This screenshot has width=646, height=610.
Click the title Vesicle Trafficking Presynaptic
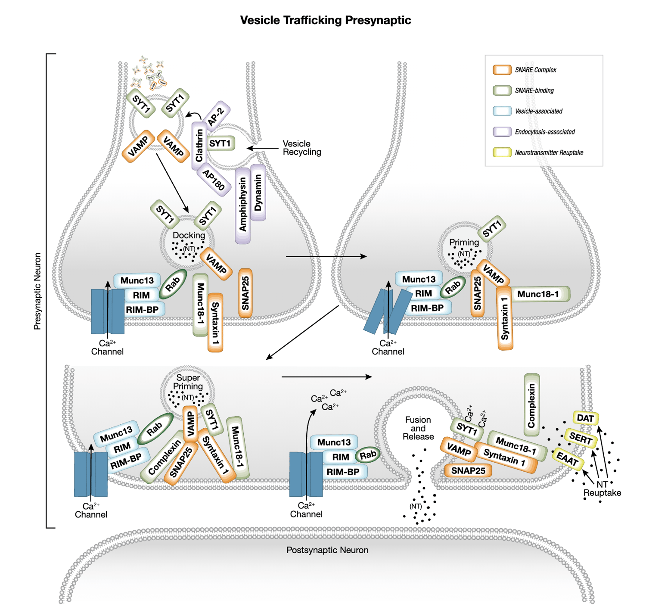click(326, 20)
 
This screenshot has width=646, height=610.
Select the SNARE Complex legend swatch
click(502, 70)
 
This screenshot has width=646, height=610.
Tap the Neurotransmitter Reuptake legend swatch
click(502, 152)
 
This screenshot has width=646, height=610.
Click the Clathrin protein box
click(199, 146)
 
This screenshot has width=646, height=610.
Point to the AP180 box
click(214, 180)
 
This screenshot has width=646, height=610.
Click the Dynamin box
click(258, 193)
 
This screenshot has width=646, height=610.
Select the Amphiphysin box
click(243, 205)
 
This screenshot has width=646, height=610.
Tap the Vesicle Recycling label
click(301, 148)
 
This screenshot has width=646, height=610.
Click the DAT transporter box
click(585, 418)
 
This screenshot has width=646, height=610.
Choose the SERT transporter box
click(580, 439)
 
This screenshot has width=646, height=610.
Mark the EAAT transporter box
click(568, 459)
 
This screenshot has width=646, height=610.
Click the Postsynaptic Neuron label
click(327, 550)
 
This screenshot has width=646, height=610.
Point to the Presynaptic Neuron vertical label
click(37, 291)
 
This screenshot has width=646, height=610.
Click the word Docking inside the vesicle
click(189, 235)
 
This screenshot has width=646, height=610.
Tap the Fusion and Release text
click(418, 428)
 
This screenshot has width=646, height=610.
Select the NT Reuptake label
click(602, 489)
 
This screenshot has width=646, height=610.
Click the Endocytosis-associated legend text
click(545, 132)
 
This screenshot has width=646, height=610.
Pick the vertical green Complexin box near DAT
click(531, 405)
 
